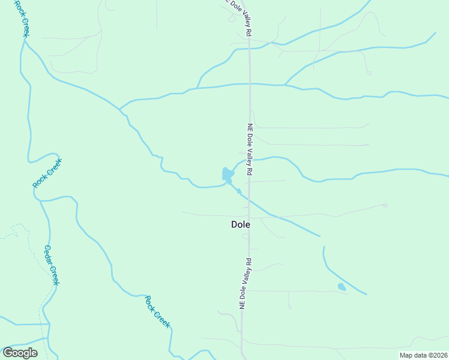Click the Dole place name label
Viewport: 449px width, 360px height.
point(240,224)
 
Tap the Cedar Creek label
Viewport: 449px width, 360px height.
point(52,265)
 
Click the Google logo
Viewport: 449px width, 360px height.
point(20,352)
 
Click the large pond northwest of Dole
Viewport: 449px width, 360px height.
point(228,174)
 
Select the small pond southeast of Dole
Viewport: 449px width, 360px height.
point(342,287)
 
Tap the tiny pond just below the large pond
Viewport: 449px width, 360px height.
point(239,191)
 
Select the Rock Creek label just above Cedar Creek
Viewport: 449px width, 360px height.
point(47,173)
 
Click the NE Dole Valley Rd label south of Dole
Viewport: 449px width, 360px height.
point(245,284)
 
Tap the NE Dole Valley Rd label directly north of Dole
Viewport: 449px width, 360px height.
point(250,149)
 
